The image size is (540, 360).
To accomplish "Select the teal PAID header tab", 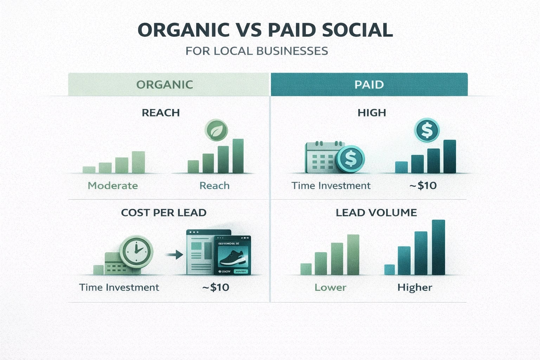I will point(369,84).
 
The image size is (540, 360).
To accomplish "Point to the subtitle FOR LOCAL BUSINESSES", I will point(257,51).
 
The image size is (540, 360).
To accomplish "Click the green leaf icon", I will point(216,130).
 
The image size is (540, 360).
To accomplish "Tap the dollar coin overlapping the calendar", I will point(351,159).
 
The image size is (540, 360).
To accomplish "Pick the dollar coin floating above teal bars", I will point(427,130).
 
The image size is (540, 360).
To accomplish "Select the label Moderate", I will point(112,186).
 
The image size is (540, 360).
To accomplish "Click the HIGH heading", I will point(372,113).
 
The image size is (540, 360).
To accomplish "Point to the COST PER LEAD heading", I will point(163,213).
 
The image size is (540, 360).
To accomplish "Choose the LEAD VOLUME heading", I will point(376,213).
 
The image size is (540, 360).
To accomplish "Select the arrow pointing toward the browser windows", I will point(175,254).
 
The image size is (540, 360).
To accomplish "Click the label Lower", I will point(330,288).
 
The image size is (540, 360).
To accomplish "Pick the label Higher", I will point(414,288).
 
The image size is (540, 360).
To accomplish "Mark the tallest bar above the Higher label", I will point(438,247).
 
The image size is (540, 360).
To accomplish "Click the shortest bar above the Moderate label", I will point(89,169).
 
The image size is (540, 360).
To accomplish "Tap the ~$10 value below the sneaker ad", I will point(216,288).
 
